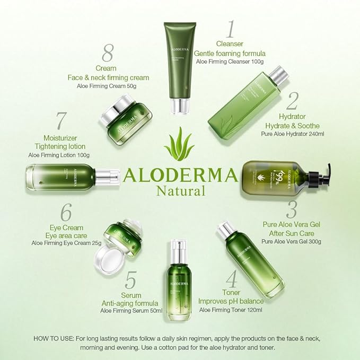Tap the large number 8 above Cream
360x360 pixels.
coord(108,54)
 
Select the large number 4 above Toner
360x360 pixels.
coord(231,279)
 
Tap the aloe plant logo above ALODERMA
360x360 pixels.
coord(179,144)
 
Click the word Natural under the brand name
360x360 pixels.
coord(180,191)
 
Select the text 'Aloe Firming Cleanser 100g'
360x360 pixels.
coord(230,62)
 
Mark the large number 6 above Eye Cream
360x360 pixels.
coord(66,213)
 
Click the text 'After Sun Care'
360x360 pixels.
coord(292,233)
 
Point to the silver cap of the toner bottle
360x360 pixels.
coord(226,231)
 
